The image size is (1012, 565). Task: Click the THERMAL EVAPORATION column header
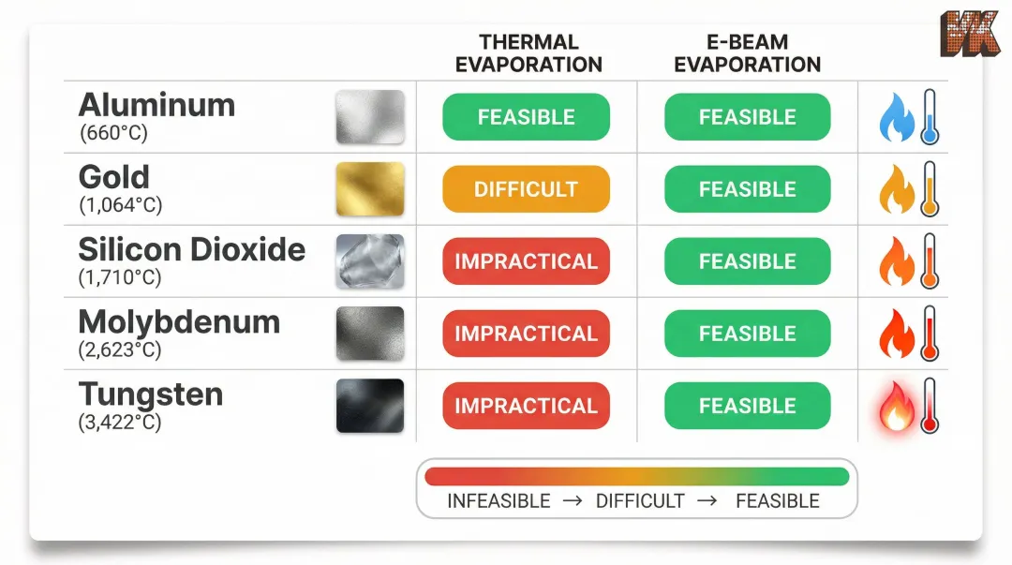528,53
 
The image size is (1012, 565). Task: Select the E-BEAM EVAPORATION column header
747,53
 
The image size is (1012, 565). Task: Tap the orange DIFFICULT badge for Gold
526,189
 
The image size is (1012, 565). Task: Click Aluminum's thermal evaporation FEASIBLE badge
526,117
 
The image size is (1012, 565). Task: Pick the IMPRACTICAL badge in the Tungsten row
526,406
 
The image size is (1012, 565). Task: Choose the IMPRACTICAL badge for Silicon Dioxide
526,261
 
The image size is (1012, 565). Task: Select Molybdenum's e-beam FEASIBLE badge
747,334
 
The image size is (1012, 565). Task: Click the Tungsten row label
151,394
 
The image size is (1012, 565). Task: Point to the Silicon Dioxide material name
192,250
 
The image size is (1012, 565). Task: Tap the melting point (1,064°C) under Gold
121,205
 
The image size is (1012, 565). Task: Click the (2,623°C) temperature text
121,350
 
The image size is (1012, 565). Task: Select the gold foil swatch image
370,189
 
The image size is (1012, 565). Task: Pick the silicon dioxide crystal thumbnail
370,261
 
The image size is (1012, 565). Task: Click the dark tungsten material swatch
370,406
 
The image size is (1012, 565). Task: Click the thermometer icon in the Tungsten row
930,406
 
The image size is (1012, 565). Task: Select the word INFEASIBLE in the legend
499,501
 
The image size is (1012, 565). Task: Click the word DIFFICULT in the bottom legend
640,501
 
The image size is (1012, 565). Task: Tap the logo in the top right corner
970,35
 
